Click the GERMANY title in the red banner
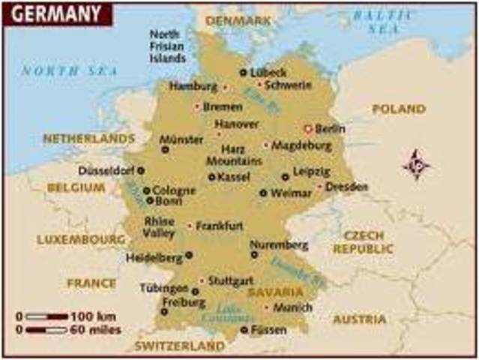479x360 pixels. (x=55, y=13)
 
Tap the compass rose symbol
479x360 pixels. (x=418, y=164)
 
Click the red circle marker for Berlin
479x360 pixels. (x=307, y=127)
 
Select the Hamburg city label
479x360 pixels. (x=192, y=86)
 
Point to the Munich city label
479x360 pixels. (x=292, y=307)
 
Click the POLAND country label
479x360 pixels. (x=399, y=109)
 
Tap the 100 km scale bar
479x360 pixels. (x=46, y=316)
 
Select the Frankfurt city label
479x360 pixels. (x=220, y=225)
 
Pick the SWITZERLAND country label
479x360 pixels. (x=179, y=346)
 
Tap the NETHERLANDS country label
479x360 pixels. (x=88, y=139)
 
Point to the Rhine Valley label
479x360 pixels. (x=159, y=227)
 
